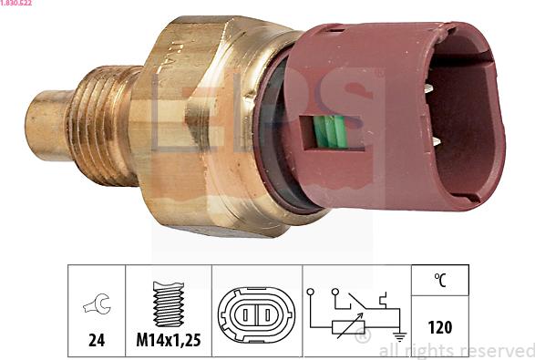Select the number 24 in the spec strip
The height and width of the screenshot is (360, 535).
coord(96,341)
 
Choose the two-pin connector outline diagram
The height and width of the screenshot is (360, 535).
coord(256,314)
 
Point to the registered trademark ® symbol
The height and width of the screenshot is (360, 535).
coord(362,337)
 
